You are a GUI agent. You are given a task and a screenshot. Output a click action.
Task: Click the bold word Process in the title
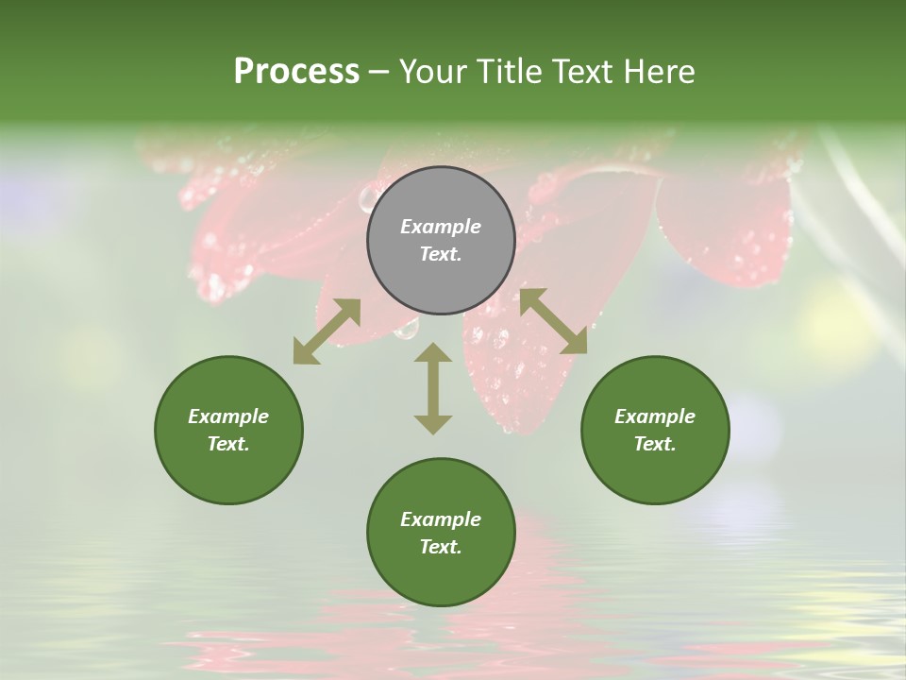[296, 72]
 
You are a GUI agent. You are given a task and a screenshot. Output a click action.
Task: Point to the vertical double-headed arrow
[433, 388]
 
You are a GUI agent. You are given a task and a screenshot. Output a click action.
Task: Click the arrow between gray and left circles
[327, 331]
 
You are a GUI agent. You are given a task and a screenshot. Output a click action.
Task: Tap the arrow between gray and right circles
[553, 321]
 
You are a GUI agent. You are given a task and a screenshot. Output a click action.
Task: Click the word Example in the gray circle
[441, 227]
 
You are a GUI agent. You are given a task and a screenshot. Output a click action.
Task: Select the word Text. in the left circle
[228, 444]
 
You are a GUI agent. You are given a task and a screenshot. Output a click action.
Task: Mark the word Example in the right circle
[655, 416]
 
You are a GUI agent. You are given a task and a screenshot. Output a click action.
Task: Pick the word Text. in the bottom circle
[441, 547]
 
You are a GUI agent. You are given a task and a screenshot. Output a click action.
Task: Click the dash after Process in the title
[379, 73]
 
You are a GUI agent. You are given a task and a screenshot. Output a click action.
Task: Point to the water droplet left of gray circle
[367, 198]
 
